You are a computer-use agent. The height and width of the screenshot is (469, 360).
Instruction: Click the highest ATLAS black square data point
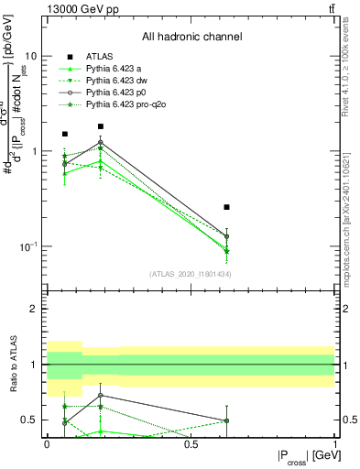point(101,126)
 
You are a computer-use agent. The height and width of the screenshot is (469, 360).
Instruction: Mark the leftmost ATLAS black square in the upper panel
point(65,135)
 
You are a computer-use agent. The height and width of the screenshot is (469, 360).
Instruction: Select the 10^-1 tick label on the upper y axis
point(27,247)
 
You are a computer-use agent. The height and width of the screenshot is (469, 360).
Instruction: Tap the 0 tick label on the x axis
point(47,443)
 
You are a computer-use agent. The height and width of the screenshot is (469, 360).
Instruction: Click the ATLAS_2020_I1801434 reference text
point(190,273)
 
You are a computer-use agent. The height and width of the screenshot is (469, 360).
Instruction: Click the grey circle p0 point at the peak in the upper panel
point(101,142)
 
